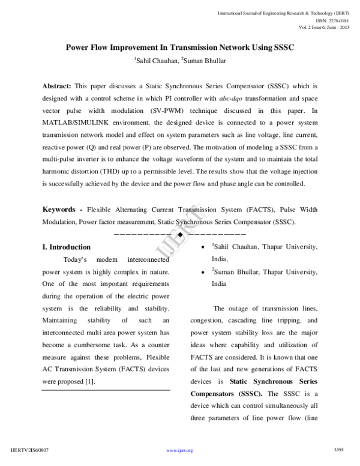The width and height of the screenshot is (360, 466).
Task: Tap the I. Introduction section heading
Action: click(66, 247)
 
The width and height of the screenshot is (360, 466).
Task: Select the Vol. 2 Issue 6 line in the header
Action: click(325, 26)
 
